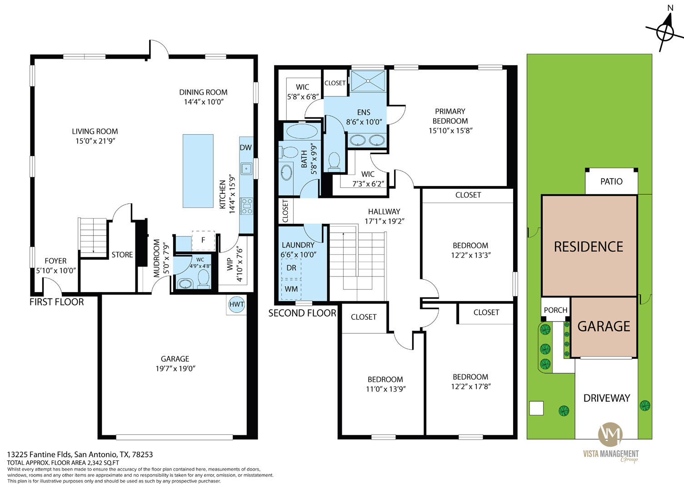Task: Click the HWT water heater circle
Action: (x=237, y=304)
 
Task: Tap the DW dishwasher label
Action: (x=246, y=148)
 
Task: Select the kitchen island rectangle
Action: (x=198, y=171)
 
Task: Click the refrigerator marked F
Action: (x=203, y=241)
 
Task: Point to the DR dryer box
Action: (x=291, y=268)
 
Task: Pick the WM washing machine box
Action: (x=291, y=289)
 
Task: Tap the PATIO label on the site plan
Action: (x=611, y=181)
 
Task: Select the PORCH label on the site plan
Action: (x=555, y=310)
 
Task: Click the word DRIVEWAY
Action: (x=607, y=398)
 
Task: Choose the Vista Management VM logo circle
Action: (x=610, y=434)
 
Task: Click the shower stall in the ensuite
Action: (x=368, y=81)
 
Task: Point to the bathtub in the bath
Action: (x=302, y=131)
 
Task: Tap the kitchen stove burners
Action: (x=246, y=206)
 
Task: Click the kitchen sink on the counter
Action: (x=246, y=169)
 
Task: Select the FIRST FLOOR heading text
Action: (x=56, y=302)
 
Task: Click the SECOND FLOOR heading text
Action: (x=302, y=313)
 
